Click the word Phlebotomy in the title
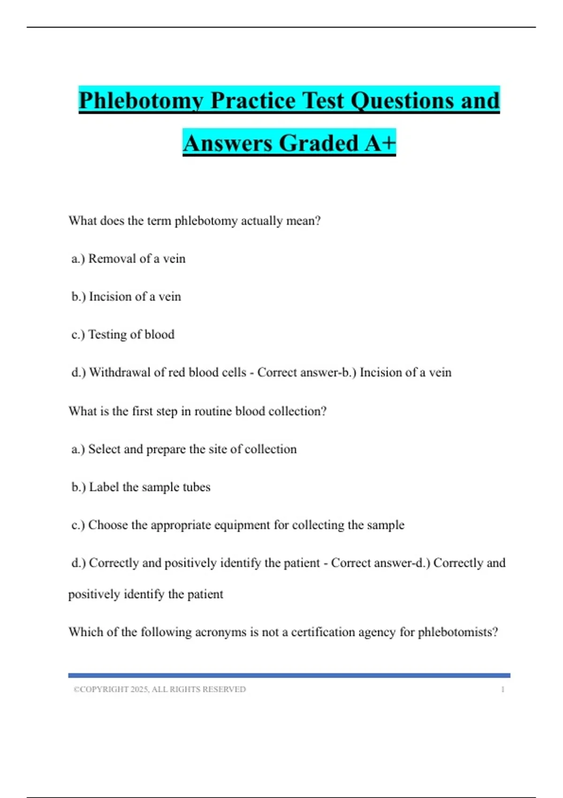pyautogui.click(x=141, y=101)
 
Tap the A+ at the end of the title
pyautogui.click(x=380, y=143)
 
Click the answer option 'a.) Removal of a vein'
pyautogui.click(x=129, y=259)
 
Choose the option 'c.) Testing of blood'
pyautogui.click(x=123, y=334)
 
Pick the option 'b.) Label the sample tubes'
pyautogui.click(x=141, y=487)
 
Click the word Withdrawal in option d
pyautogui.click(x=120, y=372)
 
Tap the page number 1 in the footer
pyautogui.click(x=502, y=689)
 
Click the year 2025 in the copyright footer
pyautogui.click(x=139, y=689)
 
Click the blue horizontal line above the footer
pyautogui.click(x=289, y=675)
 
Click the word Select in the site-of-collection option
pyautogui.click(x=104, y=449)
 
